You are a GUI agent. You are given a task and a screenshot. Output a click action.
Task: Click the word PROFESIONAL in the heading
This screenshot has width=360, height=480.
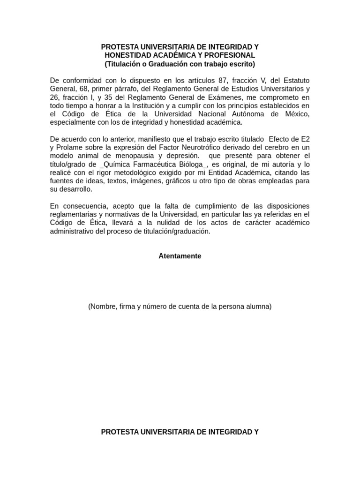(232, 55)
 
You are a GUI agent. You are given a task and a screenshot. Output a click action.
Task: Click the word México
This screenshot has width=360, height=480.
(296, 114)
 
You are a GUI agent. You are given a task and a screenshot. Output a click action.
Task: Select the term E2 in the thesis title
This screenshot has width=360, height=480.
(305, 139)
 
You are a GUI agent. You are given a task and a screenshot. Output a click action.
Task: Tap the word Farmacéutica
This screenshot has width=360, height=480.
(153, 164)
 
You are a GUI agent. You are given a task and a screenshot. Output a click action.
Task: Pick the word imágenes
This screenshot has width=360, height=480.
(140, 181)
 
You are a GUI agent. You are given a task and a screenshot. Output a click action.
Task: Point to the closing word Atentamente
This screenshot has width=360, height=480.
(180, 256)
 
